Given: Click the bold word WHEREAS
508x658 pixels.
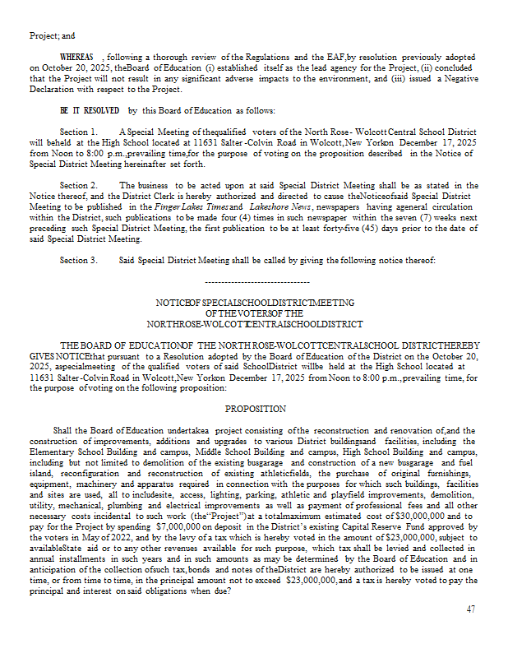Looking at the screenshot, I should tap(78, 55).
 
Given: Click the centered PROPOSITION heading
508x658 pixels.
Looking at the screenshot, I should tap(255, 409).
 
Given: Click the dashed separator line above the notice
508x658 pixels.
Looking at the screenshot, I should tap(255, 282).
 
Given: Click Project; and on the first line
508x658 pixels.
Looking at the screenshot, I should tap(52, 35).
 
